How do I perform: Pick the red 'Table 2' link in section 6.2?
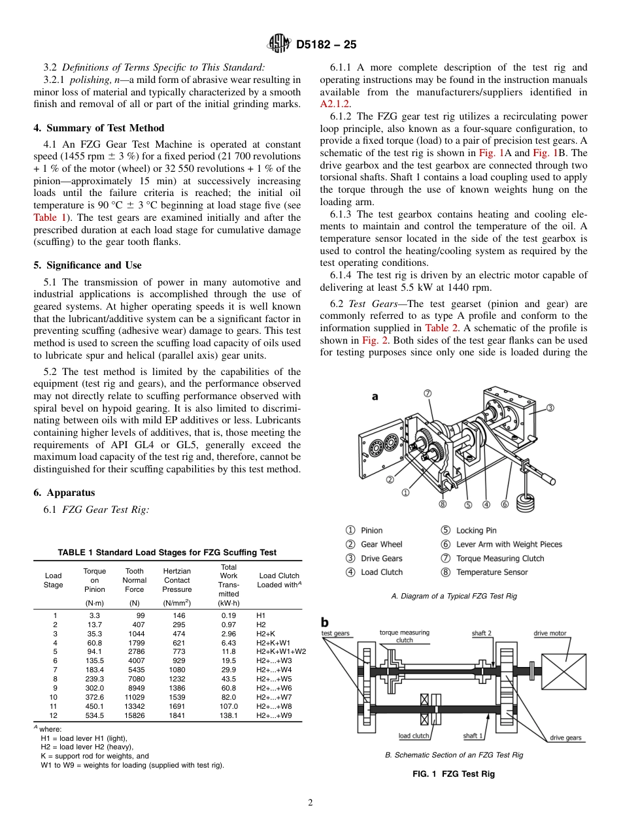click(441, 328)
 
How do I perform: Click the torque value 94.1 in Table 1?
click(95, 651)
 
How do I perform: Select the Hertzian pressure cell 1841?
click(177, 715)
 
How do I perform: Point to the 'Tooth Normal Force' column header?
click(135, 579)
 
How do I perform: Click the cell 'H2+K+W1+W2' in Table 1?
click(280, 651)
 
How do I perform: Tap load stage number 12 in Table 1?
click(54, 715)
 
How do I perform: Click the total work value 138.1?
click(229, 715)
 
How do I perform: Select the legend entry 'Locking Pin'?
click(476, 530)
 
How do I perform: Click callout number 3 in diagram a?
click(550, 408)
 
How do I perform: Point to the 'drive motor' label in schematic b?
click(550, 633)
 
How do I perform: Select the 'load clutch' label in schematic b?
click(414, 736)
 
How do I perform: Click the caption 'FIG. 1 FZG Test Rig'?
click(453, 774)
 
